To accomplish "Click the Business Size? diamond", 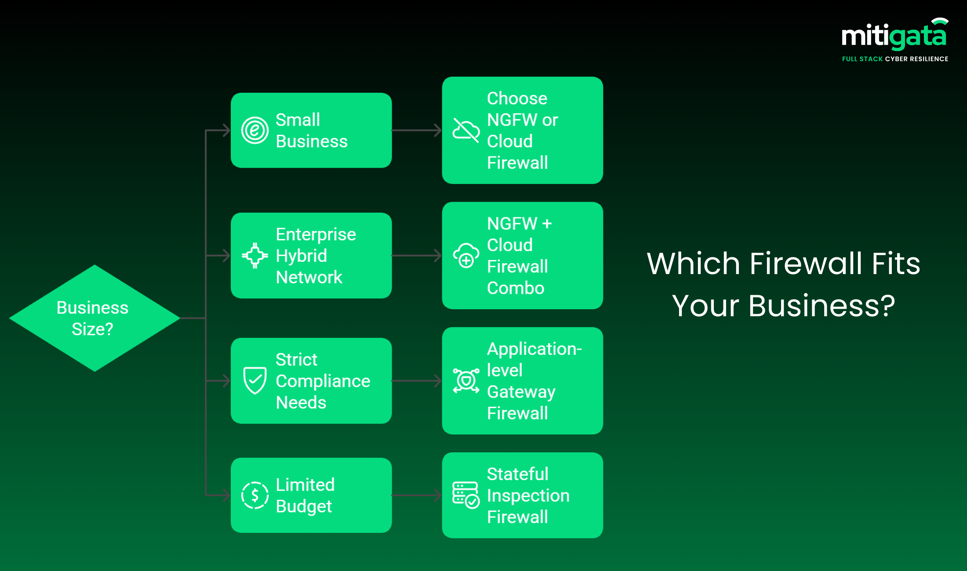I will pyautogui.click(x=94, y=318).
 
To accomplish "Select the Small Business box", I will pyautogui.click(x=311, y=130).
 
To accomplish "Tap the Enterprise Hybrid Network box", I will pyautogui.click(x=311, y=255).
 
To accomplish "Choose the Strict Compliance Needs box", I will pyautogui.click(x=311, y=380).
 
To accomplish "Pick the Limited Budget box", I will pyautogui.click(x=311, y=495).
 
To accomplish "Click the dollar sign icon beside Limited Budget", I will pyautogui.click(x=255, y=495).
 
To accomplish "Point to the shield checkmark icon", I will pyautogui.click(x=255, y=380).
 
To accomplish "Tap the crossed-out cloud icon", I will pyautogui.click(x=466, y=130).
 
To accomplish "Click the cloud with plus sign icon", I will pyautogui.click(x=466, y=255).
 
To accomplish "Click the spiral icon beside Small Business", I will pyautogui.click(x=255, y=130).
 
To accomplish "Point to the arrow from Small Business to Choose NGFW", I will pyautogui.click(x=417, y=130).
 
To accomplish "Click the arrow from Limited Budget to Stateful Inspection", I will pyautogui.click(x=417, y=495).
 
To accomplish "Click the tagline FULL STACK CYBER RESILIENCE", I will pyautogui.click(x=895, y=59).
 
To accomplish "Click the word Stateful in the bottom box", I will pyautogui.click(x=517, y=474).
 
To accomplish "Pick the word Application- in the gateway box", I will pyautogui.click(x=534, y=349).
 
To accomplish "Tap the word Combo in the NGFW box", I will pyautogui.click(x=516, y=288).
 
